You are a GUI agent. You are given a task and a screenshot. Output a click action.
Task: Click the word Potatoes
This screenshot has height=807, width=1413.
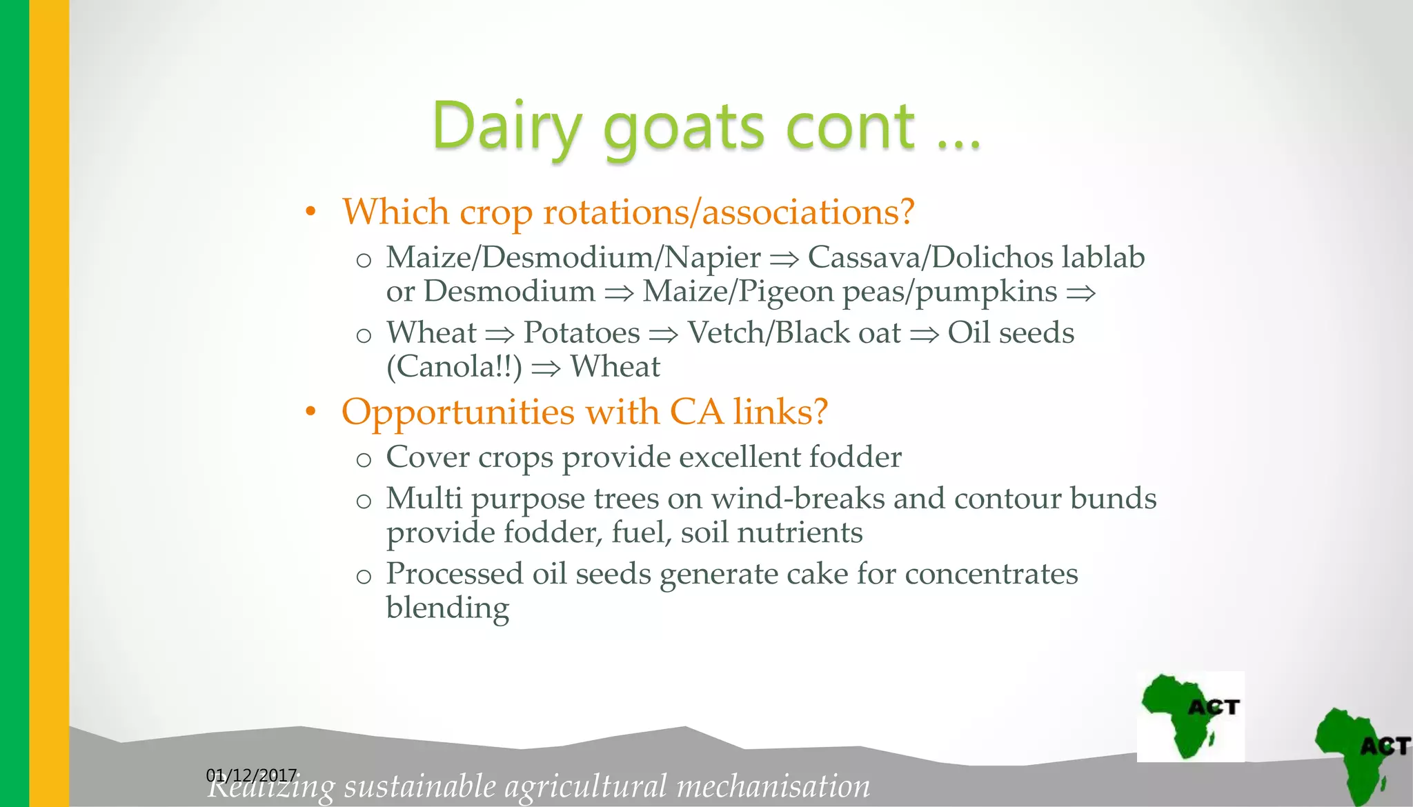[582, 333]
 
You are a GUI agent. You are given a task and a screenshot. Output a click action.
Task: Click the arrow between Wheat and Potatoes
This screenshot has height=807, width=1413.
[500, 335]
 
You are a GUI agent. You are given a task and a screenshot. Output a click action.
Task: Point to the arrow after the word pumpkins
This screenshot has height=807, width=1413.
[1081, 294]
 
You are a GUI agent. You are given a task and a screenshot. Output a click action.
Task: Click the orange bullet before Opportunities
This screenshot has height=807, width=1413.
[311, 412]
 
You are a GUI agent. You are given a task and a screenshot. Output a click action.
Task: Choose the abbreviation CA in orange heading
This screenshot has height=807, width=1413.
[696, 412]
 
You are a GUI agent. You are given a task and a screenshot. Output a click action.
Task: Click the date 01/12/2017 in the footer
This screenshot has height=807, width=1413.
[251, 775]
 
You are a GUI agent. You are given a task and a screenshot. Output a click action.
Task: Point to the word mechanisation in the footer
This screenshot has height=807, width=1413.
[773, 787]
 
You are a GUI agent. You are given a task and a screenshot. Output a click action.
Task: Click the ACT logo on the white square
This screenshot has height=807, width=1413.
[1190, 716]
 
